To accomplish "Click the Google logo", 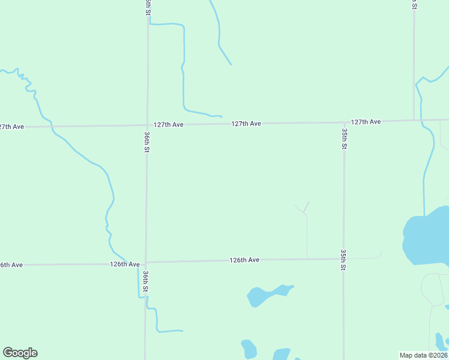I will tap(20, 353).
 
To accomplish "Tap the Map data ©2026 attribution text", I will tap(424, 355).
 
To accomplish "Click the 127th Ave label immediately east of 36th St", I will tap(168, 125).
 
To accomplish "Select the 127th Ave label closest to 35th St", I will tap(366, 122).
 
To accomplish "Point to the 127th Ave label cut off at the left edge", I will tap(11, 127).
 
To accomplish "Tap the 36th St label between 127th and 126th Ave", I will tap(146, 142).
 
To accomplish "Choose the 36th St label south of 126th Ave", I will tap(145, 281).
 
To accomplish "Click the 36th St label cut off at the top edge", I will tap(148, 7).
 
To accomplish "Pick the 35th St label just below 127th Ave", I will tap(344, 138).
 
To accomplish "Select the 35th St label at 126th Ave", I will tap(343, 260).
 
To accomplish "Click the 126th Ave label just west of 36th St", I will tap(125, 264).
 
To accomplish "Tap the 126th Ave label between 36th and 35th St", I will tap(244, 260).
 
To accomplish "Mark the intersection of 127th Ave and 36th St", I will tap(147, 125).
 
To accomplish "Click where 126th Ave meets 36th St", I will tap(146, 262).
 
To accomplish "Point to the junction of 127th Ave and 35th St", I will tap(344, 122).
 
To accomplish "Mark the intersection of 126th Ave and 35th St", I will tap(344, 259).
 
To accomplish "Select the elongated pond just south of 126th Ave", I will tap(268, 294).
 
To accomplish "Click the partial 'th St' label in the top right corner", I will tap(414, 5).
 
